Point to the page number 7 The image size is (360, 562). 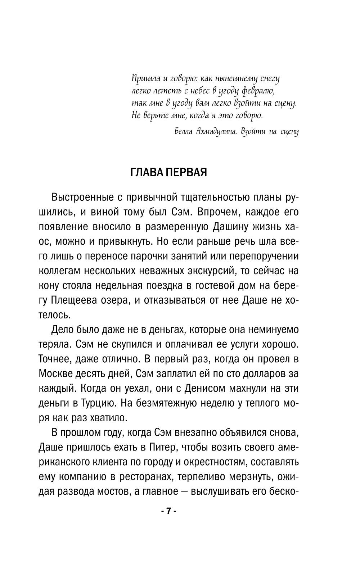coord(168,511)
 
